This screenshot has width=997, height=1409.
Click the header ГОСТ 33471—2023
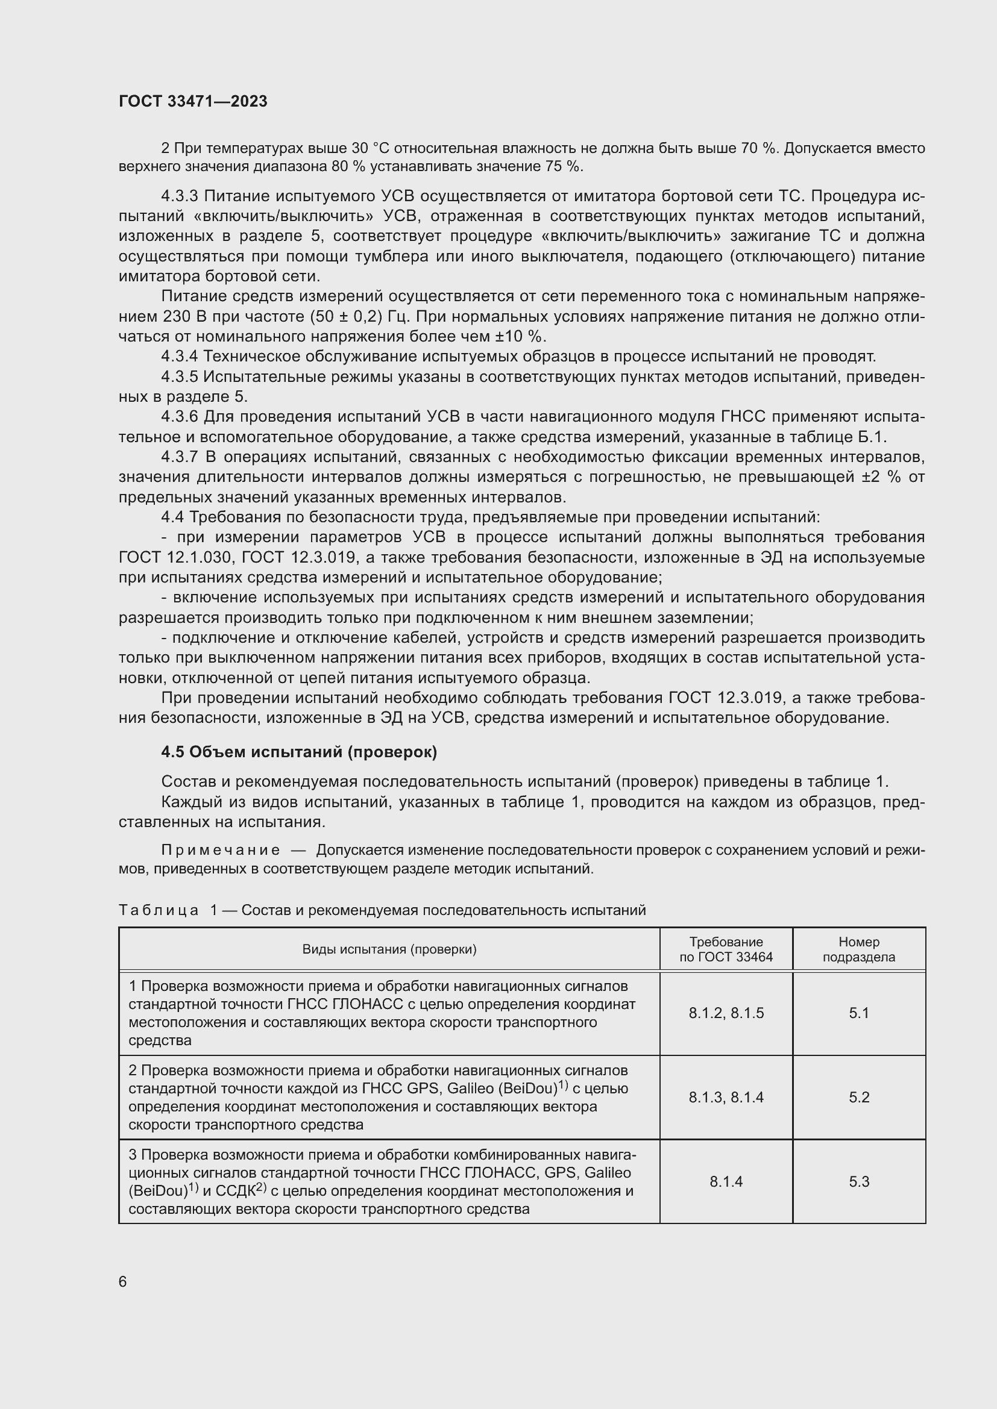coord(193,102)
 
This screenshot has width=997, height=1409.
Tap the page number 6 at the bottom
coord(123,1282)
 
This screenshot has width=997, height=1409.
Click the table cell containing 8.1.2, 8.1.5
coord(726,1013)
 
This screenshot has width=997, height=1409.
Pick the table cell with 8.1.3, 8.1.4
coord(726,1097)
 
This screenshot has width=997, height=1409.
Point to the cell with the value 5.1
coord(858,1013)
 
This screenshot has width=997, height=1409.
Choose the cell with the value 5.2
coord(858,1097)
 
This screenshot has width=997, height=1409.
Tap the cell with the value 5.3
coord(858,1181)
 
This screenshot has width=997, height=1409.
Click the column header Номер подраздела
coord(858,949)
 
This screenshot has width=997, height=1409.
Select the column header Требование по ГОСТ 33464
coord(726,949)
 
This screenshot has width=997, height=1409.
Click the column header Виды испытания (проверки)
coord(389,949)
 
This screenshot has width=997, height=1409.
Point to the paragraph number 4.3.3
coord(179,196)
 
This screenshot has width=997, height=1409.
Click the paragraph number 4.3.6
coord(179,417)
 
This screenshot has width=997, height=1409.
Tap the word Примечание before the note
coord(221,851)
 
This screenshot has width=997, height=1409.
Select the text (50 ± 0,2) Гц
coord(360,317)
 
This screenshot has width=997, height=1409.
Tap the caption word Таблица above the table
coord(159,910)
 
